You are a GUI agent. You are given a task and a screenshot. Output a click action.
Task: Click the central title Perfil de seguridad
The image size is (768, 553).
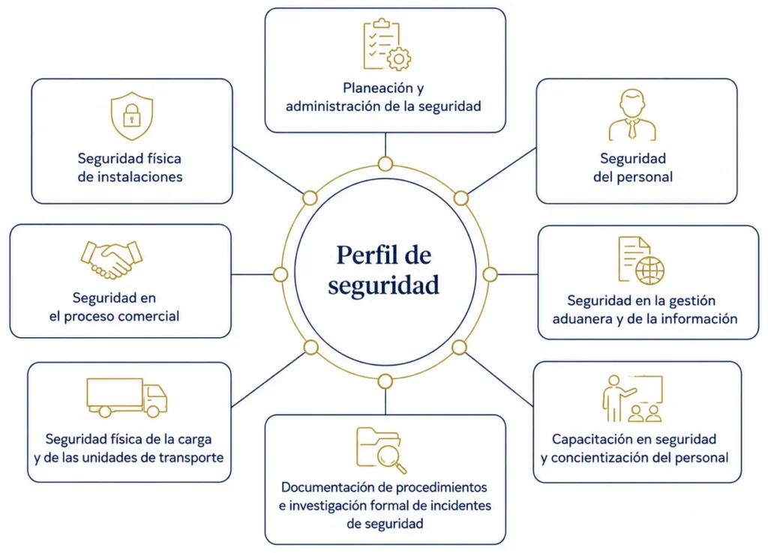[384, 271]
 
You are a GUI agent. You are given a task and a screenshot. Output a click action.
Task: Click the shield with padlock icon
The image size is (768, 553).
[132, 116]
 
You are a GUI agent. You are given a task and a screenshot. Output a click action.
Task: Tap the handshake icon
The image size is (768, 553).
[112, 260]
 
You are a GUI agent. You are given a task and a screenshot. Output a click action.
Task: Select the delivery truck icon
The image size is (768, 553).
[127, 397]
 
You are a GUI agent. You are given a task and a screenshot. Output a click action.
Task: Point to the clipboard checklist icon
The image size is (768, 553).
[381, 44]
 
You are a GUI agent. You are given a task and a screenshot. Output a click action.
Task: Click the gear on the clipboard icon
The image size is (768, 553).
[399, 59]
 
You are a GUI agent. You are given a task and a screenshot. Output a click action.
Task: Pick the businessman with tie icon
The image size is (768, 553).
[632, 115]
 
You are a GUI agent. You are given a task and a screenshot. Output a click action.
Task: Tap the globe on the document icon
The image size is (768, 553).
[650, 271]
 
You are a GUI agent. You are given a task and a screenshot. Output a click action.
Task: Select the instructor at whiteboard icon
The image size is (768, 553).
[632, 399]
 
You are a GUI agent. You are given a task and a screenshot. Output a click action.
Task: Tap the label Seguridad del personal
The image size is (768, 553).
[633, 167]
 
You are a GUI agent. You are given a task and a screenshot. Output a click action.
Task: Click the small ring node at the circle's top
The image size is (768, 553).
[385, 163]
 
